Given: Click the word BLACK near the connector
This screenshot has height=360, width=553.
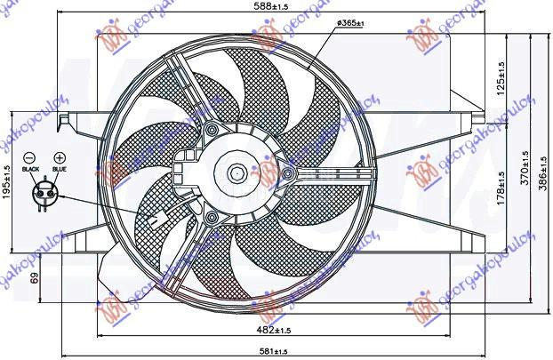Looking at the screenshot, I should pyautogui.click(x=31, y=168).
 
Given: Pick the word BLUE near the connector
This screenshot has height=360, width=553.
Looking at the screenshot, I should pyautogui.click(x=60, y=168).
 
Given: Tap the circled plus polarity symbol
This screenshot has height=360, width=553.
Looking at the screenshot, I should pyautogui.click(x=60, y=156).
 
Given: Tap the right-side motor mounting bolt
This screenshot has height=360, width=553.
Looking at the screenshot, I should pyautogui.click(x=289, y=173).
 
